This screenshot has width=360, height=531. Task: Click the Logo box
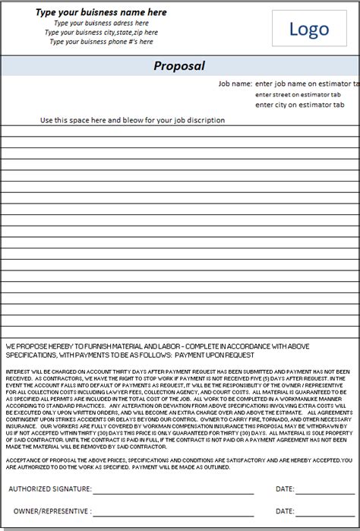309,30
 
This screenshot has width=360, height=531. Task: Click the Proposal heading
179,66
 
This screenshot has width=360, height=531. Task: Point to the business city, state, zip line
101,32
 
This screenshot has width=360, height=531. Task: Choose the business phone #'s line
101,41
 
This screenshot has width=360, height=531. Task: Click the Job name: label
235,83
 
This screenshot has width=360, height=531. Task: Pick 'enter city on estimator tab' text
301,105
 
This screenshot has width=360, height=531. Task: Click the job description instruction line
133,120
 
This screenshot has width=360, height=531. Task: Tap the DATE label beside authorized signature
285,489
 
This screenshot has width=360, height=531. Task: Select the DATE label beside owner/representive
285,511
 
